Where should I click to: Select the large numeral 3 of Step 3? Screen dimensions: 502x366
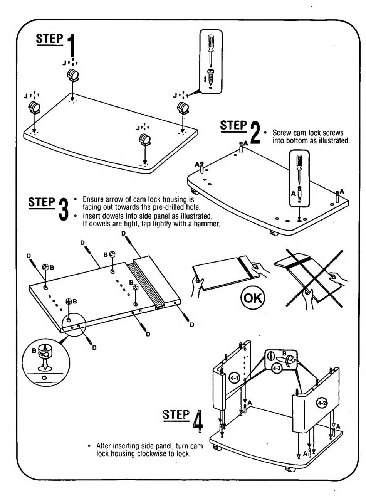(x=64, y=208)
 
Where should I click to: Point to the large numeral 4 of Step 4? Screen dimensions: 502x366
(x=198, y=421)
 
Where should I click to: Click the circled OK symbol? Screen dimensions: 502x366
(x=252, y=298)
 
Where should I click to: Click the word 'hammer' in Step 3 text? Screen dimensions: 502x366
(x=208, y=224)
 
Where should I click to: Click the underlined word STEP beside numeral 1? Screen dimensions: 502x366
(x=49, y=39)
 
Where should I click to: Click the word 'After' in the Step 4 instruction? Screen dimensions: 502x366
(x=104, y=446)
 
